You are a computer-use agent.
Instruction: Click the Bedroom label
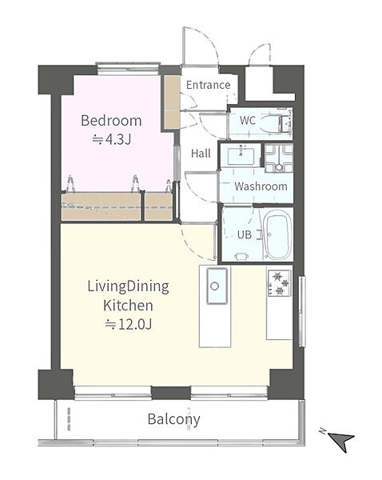(111, 121)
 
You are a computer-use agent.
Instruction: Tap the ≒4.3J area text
(112, 139)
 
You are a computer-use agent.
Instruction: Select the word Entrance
(208, 85)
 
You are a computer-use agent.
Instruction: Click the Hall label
(201, 153)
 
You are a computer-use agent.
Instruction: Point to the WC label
(248, 120)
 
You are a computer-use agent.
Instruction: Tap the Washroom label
(261, 186)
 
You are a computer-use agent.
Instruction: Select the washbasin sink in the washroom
(241, 155)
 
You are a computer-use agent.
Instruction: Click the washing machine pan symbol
(279, 158)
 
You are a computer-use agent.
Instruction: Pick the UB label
(245, 234)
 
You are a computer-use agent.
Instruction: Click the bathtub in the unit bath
(278, 235)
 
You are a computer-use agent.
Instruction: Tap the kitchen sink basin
(217, 286)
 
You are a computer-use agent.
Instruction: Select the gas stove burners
(279, 283)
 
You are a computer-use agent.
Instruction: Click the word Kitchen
(128, 306)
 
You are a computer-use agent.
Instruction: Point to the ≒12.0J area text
(129, 324)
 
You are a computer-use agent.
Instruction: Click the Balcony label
(173, 419)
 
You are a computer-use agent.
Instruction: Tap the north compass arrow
(342, 441)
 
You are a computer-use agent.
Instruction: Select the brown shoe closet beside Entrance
(172, 102)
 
